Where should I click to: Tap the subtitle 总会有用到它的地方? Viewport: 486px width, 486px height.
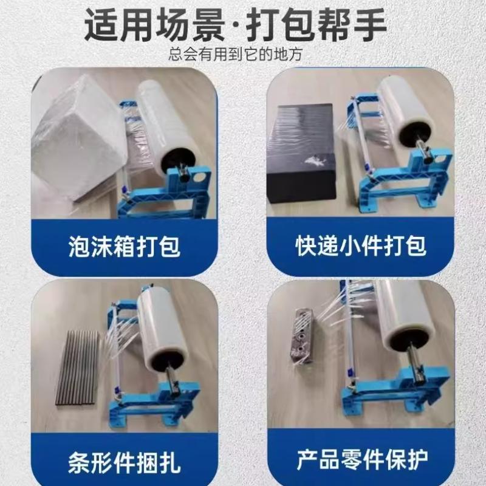243,55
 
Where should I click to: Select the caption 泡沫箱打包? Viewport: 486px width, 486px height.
124,247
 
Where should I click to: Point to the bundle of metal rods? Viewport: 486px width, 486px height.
77,367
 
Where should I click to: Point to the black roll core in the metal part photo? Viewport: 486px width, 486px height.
401,343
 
